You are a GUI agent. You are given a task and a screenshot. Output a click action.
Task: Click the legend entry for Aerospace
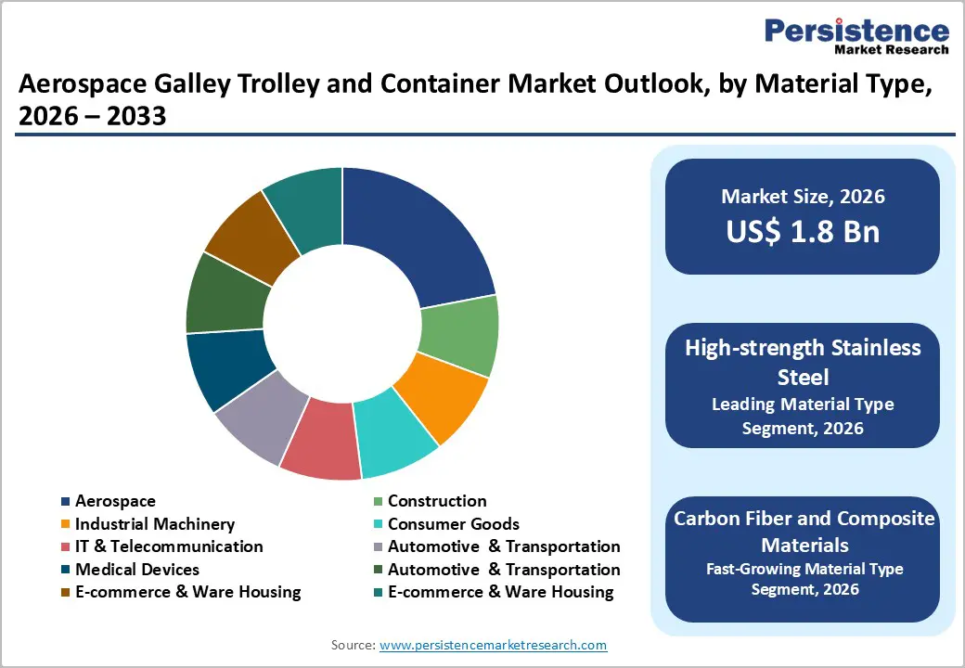click(x=115, y=501)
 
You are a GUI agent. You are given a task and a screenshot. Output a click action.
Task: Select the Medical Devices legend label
click(x=136, y=569)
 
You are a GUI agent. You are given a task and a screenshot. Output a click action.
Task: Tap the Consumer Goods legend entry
click(x=453, y=524)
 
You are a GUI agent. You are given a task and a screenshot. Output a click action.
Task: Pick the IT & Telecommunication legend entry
click(x=169, y=546)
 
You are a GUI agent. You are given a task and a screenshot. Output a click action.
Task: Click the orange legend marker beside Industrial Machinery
click(x=65, y=524)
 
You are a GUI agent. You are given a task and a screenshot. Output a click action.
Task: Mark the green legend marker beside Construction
click(x=377, y=501)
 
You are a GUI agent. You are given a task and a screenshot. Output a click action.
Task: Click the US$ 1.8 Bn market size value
click(x=803, y=231)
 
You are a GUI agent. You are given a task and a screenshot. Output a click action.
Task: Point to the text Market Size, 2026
click(x=803, y=196)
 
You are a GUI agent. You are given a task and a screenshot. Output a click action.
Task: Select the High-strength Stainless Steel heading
click(x=803, y=361)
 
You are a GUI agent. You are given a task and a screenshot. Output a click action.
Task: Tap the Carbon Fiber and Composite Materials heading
click(x=804, y=530)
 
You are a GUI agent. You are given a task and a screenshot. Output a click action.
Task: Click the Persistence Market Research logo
click(x=856, y=37)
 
